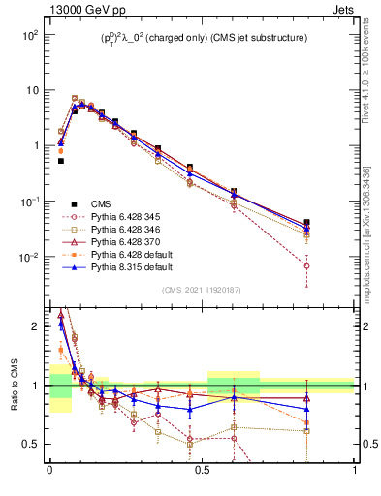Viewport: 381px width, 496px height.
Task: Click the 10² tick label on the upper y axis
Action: (x=31, y=34)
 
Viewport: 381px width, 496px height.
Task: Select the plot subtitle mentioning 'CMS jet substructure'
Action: (x=205, y=38)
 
